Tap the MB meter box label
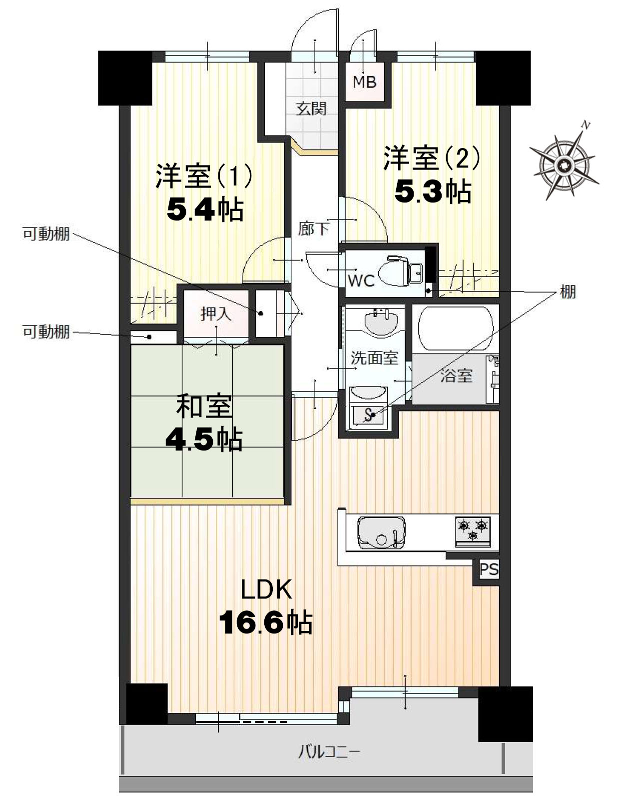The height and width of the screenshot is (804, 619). (364, 82)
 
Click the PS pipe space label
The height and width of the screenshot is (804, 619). (489, 569)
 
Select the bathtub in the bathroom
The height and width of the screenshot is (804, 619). (455, 328)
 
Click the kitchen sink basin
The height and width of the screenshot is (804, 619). (381, 532)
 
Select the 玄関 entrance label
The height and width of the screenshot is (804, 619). (311, 109)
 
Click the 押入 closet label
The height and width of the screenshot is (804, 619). (216, 314)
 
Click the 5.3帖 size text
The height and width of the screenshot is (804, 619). (433, 191)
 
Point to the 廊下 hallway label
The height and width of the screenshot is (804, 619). (313, 229)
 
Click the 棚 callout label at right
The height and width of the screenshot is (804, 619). (568, 292)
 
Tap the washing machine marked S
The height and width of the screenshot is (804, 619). (368, 415)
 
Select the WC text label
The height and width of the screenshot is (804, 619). (361, 281)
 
